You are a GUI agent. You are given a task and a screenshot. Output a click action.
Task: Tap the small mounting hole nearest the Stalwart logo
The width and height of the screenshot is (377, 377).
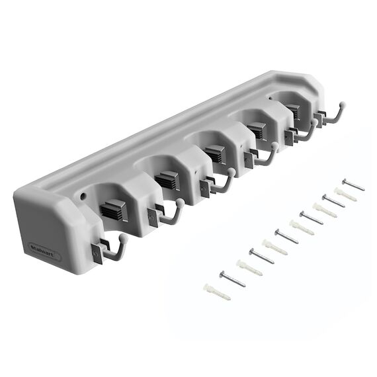[x=84, y=196]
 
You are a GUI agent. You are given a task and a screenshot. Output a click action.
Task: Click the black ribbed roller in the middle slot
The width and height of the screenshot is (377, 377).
[x=214, y=154]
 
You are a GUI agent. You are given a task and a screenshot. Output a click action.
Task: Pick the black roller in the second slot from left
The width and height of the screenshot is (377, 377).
[x=168, y=180]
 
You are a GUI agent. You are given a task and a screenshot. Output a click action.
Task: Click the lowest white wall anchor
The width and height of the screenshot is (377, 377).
[x=217, y=292]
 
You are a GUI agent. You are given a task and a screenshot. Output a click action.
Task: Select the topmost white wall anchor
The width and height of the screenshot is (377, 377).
[x=345, y=194]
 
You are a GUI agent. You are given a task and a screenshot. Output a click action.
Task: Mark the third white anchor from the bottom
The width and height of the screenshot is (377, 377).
[x=275, y=247]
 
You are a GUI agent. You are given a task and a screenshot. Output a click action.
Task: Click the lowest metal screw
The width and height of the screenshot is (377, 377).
[x=232, y=279]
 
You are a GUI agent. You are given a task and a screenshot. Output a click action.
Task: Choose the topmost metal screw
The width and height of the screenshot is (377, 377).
[x=353, y=185]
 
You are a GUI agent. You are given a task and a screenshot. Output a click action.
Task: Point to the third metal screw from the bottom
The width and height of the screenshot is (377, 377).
[x=286, y=236]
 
